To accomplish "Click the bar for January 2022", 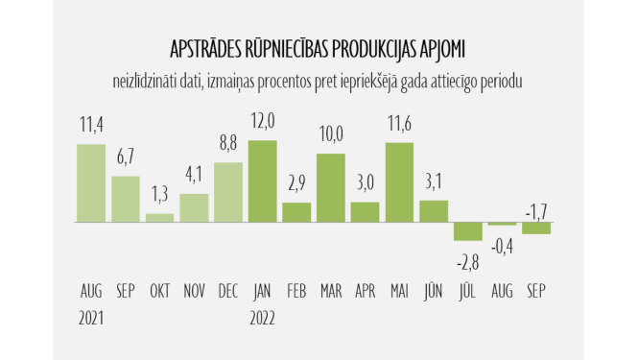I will pos(262,181).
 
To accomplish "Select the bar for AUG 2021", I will pos(91,183).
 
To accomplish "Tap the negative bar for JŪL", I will pos(468,231).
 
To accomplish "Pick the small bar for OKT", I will pos(159,218).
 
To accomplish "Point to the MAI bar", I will pos(399,182).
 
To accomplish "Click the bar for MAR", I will pos(331,188).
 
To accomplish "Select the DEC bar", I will pos(228,192).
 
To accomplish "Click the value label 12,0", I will pos(262,124).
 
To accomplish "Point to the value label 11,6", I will pos(399,126).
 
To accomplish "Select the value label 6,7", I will pos(125,158).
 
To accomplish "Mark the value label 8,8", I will pos(228,145).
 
